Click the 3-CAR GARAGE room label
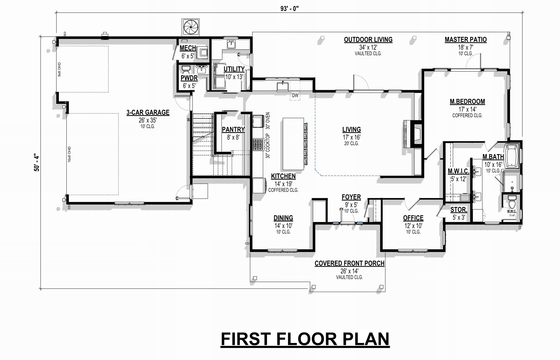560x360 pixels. (148, 112)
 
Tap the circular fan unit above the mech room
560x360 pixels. (190, 27)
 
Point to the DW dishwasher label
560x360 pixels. (295, 95)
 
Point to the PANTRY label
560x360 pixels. (233, 130)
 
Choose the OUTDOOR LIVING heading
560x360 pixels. (368, 40)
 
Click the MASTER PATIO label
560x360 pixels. (466, 40)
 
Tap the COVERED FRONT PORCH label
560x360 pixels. (350, 263)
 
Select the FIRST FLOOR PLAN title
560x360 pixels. (305, 339)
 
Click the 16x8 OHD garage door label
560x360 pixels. (70, 154)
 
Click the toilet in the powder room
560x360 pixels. (186, 69)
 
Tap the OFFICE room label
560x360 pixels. (413, 218)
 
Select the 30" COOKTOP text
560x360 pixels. (268, 146)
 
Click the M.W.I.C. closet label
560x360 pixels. (458, 172)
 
